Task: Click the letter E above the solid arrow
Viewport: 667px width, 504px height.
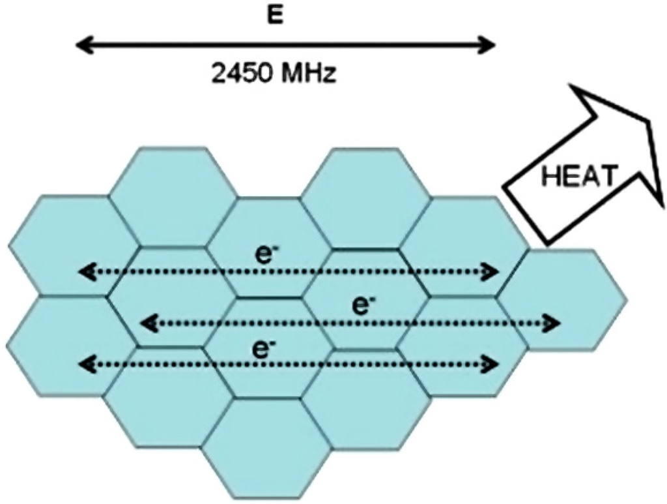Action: (276, 17)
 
